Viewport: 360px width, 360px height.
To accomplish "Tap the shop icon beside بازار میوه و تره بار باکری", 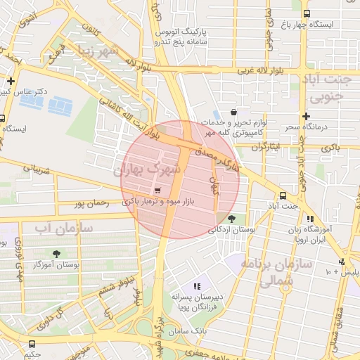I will pyautogui.click(x=157, y=190).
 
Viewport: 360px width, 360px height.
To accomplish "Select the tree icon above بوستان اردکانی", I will pyautogui.click(x=232, y=219).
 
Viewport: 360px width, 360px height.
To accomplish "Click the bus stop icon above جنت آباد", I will pyautogui.click(x=283, y=195).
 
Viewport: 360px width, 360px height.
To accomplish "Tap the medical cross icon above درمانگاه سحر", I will pyautogui.click(x=306, y=116).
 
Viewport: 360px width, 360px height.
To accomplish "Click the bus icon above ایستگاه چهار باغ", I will pyautogui.click(x=306, y=13).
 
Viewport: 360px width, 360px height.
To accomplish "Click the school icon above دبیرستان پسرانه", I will pyautogui.click(x=197, y=286).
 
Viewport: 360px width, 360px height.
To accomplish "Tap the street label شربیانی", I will pyautogui.click(x=38, y=169).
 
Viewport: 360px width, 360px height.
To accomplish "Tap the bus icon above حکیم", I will pyautogui.click(x=31, y=344).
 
